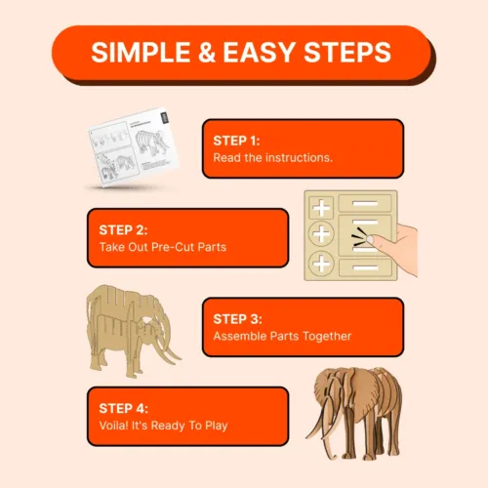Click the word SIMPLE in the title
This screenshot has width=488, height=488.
click(x=141, y=52)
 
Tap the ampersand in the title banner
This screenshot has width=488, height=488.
click(x=207, y=52)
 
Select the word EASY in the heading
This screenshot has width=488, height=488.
click(x=259, y=52)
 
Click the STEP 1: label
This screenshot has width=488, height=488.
click(x=236, y=141)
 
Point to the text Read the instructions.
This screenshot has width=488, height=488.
click(x=273, y=158)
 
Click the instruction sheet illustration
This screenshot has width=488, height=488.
click(x=134, y=146)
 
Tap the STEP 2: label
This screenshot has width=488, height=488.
click(x=123, y=230)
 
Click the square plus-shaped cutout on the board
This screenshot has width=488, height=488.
click(x=321, y=208)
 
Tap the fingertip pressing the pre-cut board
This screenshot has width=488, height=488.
click(x=370, y=240)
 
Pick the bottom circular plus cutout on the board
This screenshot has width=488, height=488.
click(x=321, y=264)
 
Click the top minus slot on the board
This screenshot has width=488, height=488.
click(x=365, y=203)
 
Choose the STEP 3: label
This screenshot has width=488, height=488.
click(x=237, y=319)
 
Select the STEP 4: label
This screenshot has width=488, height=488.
click(x=124, y=408)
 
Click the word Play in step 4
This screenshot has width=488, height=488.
click(x=217, y=426)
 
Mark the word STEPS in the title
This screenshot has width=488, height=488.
click(x=347, y=52)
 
